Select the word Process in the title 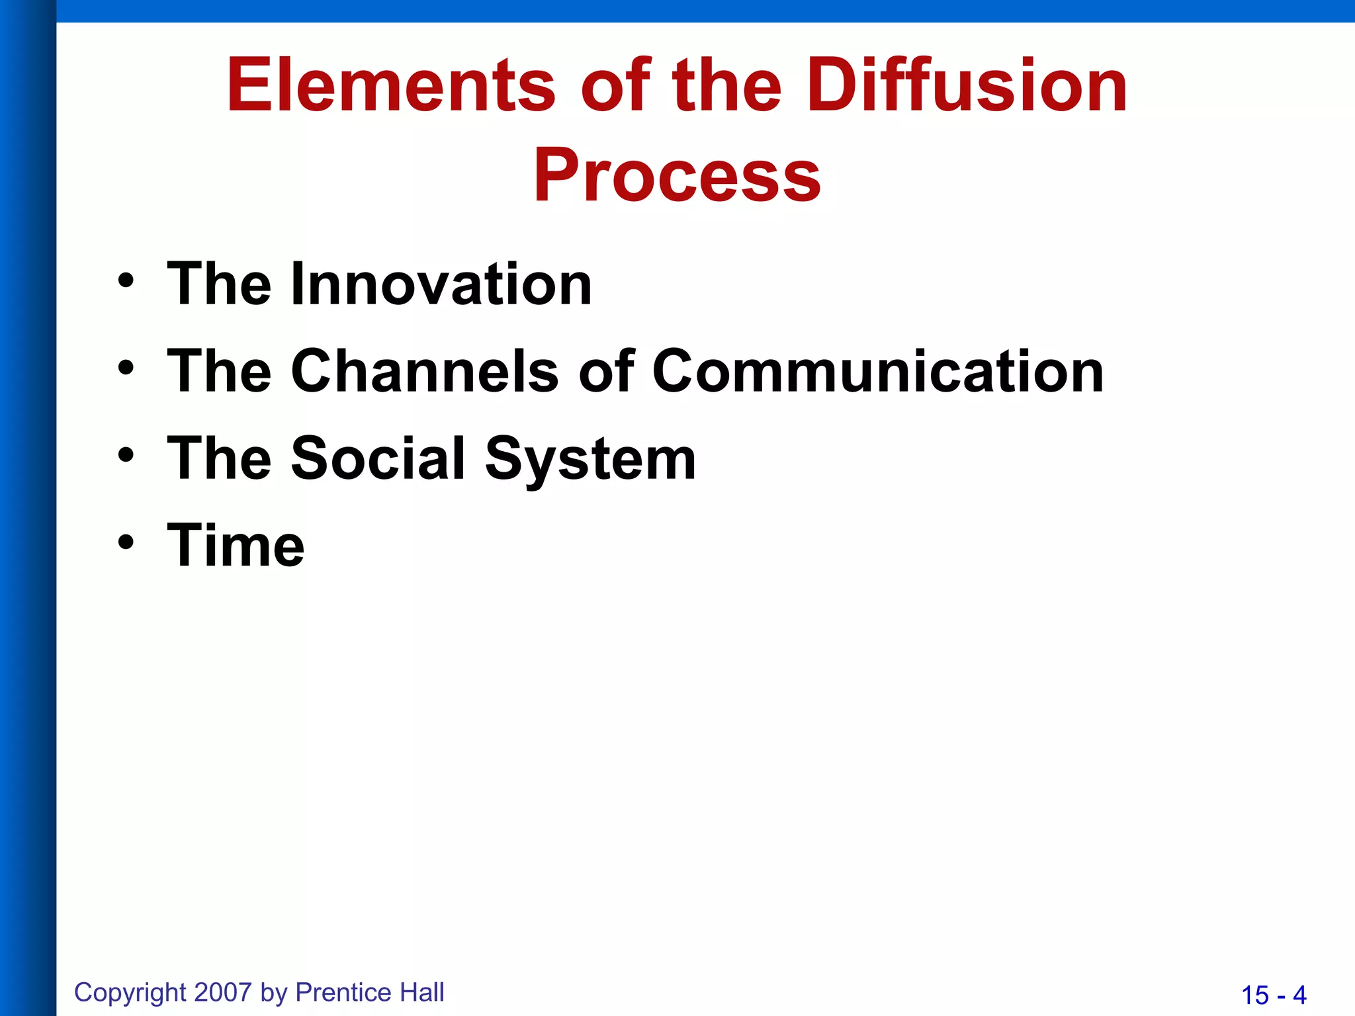677,175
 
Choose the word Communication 878,371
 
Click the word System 590,460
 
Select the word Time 236,546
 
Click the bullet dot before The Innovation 126,281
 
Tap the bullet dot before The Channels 126,368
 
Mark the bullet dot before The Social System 126,455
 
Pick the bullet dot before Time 126,542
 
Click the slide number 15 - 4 1274,995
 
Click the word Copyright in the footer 130,993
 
